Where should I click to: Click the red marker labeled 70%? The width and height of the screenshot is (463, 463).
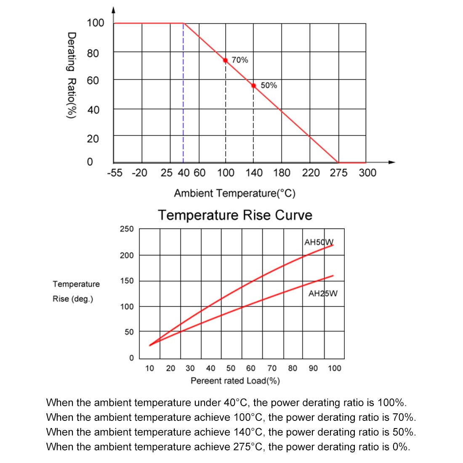[226, 60]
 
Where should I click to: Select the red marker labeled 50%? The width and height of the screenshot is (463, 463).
[253, 85]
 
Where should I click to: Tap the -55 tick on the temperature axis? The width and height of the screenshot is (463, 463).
[115, 173]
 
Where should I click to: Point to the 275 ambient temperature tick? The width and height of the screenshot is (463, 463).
[338, 173]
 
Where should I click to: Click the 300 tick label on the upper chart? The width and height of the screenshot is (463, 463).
[367, 173]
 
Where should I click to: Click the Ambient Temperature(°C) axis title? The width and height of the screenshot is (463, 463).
[234, 194]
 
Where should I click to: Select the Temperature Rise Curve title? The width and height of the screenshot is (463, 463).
[235, 215]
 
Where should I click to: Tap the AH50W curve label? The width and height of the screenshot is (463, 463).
[319, 242]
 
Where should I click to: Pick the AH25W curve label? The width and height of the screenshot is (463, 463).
[323, 293]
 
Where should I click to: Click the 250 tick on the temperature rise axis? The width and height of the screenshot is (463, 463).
[127, 229]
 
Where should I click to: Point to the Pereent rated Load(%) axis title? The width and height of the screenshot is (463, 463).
[235, 381]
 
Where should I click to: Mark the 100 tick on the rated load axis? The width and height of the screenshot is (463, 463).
[335, 369]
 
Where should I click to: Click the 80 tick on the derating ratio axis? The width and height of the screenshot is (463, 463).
[93, 53]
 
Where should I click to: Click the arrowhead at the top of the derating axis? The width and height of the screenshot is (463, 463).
[113, 10]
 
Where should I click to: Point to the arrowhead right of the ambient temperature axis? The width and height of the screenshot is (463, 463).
[392, 162]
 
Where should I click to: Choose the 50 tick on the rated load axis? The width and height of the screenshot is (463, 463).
[231, 369]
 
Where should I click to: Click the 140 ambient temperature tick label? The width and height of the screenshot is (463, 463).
[254, 173]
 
